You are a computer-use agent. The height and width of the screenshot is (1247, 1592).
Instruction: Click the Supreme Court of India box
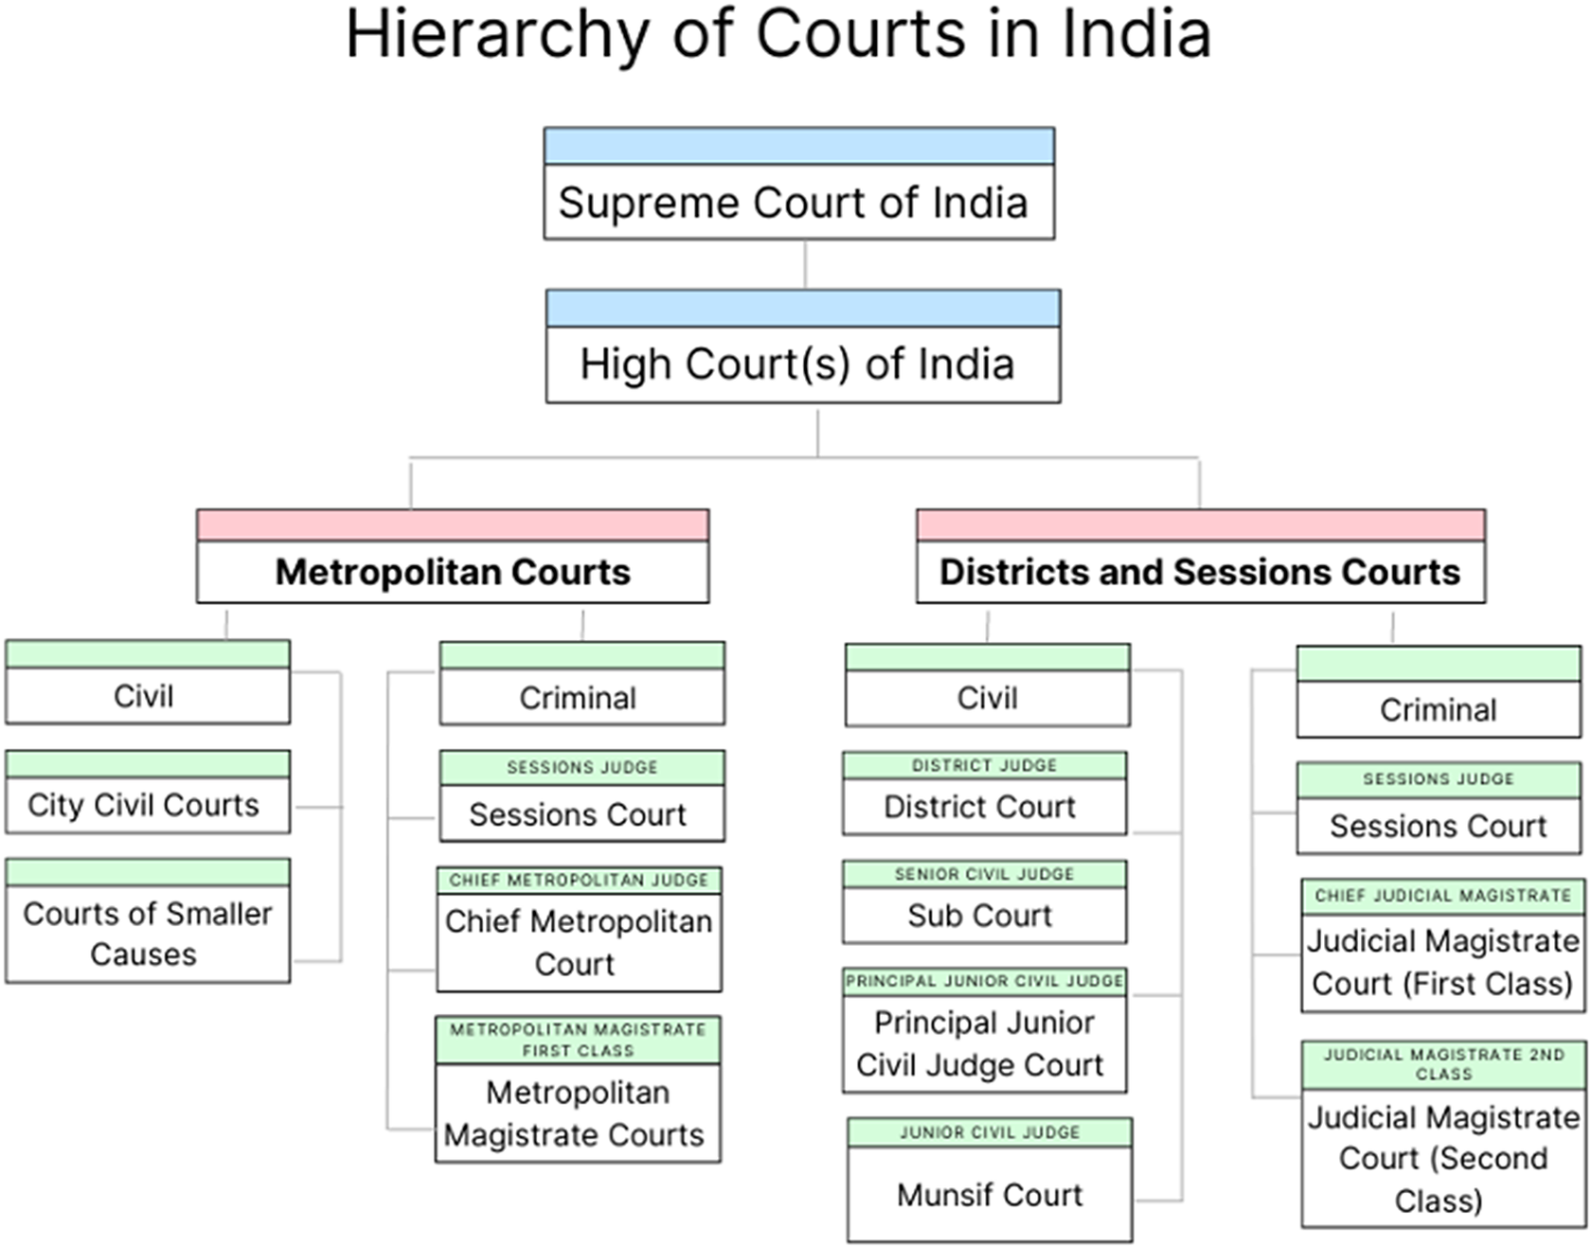pos(798,202)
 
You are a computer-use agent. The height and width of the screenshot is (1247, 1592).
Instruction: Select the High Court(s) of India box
pos(802,364)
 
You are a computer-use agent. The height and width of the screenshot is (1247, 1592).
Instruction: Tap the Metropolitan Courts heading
pos(453,572)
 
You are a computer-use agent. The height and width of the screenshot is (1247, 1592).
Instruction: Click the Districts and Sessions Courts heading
pos(1200,572)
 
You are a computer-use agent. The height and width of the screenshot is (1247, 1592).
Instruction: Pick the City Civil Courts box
pos(147,804)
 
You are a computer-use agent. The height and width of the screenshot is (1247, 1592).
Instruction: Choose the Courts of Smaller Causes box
pos(147,933)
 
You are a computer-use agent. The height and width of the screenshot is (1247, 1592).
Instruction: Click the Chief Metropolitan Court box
pos(578,942)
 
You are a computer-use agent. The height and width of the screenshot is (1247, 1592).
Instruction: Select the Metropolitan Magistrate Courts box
pos(577,1113)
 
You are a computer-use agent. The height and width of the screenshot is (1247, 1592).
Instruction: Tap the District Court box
pos(983,806)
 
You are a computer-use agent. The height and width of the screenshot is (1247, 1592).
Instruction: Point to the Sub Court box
pos(983,915)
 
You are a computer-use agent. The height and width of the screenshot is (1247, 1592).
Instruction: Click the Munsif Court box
pos(989,1194)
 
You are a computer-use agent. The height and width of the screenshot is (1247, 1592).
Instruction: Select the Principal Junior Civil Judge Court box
pos(983,1043)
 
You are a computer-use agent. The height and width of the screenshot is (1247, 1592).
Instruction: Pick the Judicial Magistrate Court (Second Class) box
pos(1442,1159)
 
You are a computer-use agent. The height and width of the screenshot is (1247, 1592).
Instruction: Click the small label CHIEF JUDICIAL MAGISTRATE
pos(1442,895)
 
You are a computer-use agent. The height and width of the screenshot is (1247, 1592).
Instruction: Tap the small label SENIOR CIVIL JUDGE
pos(984,874)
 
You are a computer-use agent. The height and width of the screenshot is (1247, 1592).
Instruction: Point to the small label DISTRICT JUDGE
pos(984,765)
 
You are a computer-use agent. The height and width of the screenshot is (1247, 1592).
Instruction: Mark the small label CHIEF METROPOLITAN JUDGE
pos(579,880)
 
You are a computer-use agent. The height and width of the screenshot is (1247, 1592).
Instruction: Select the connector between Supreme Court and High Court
pos(805,264)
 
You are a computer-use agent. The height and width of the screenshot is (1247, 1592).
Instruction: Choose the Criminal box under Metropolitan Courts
pos(581,698)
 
